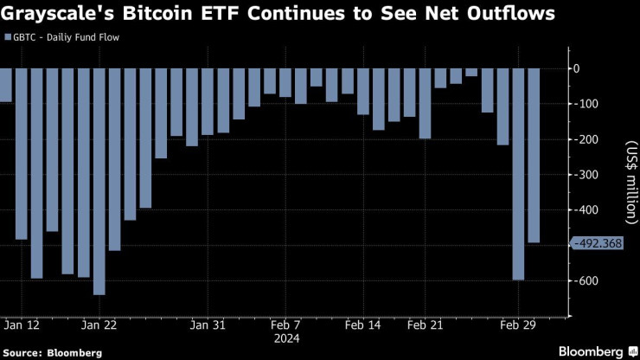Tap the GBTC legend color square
click(8, 39)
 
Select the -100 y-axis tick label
click(588, 104)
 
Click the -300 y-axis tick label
click(588, 175)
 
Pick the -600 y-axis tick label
click(588, 281)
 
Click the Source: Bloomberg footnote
click(51, 352)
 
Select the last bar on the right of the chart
click(534, 156)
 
